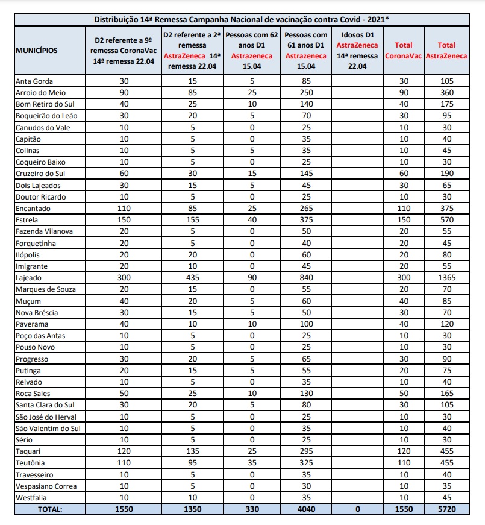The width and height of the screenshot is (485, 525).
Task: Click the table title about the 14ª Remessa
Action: pyautogui.click(x=242, y=19)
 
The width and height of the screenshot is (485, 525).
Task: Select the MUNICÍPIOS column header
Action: pyautogui.click(x=37, y=51)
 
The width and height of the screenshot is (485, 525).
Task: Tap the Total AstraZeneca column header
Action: pyautogui.click(x=446, y=51)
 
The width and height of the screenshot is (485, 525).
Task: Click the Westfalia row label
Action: pyautogui.click(x=33, y=497)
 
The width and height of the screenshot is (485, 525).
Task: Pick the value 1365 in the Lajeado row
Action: pyautogui.click(x=446, y=278)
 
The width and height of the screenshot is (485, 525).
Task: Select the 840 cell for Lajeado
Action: pyautogui.click(x=306, y=278)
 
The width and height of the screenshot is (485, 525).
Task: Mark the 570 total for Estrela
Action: pyautogui.click(x=446, y=220)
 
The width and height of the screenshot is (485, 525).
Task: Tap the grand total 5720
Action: pyautogui.click(x=446, y=509)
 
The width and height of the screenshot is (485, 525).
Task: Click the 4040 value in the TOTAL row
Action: pyautogui.click(x=306, y=509)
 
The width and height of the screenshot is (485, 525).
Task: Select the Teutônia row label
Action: pyautogui.click(x=32, y=463)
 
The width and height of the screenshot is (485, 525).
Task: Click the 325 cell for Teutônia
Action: pyautogui.click(x=306, y=463)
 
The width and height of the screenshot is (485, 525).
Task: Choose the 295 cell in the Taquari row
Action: pyautogui.click(x=306, y=451)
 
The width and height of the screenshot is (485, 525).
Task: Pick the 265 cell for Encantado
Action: pyautogui.click(x=306, y=209)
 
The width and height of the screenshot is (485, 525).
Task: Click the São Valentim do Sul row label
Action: pyautogui.click(x=48, y=428)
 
